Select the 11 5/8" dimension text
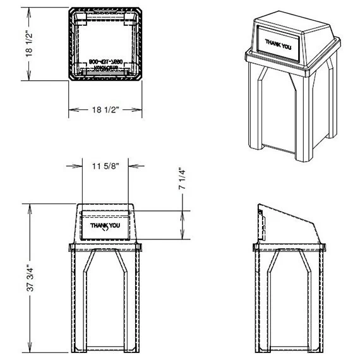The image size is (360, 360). (105, 166)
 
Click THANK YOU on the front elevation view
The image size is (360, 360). (105, 225)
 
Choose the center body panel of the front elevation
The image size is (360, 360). (105, 303)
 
